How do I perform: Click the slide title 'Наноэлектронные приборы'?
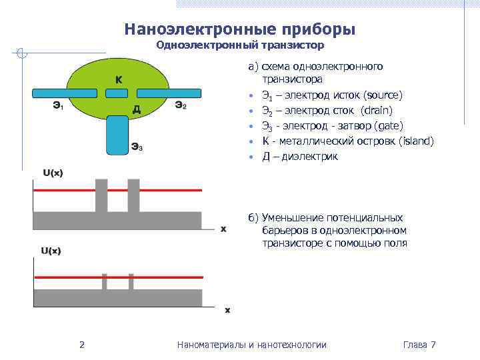[x=239, y=30]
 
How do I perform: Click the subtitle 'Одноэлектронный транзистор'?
[x=239, y=46]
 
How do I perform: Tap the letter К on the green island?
[x=118, y=80]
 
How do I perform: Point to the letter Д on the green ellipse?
[x=135, y=109]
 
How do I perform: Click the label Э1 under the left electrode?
[x=58, y=105]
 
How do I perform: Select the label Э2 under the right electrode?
[x=180, y=104]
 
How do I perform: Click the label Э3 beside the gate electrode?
[x=136, y=147]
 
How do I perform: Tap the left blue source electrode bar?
[x=61, y=93]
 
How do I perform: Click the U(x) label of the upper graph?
[x=53, y=173]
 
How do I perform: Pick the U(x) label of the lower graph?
[x=51, y=251]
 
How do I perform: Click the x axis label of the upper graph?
[x=223, y=229]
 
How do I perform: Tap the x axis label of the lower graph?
[x=227, y=309]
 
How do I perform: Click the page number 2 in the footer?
[x=81, y=345]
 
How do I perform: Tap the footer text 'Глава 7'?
[x=419, y=345]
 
